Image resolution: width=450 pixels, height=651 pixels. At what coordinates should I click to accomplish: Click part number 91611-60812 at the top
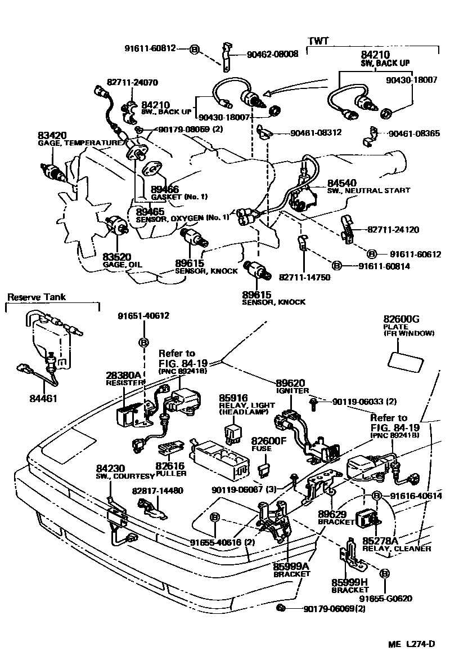(x=150, y=48)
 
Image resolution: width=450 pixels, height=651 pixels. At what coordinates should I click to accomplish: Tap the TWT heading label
(x=318, y=41)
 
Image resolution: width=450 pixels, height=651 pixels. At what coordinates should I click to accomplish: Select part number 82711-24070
(x=132, y=81)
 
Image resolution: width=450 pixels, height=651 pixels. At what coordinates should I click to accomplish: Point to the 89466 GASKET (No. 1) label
(x=172, y=193)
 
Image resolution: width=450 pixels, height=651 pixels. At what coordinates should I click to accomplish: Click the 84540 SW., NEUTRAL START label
(x=368, y=186)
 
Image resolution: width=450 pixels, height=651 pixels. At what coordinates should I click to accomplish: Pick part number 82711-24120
(x=393, y=230)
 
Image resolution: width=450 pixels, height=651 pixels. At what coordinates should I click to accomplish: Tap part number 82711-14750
(x=304, y=277)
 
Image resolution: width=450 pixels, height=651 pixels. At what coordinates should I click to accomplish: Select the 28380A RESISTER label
(x=125, y=378)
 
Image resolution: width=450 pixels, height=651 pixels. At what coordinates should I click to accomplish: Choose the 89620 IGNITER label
(x=292, y=386)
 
